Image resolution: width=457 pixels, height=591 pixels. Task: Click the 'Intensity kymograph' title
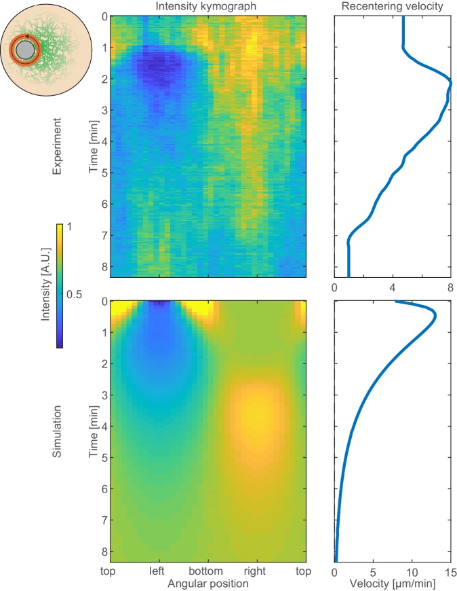click(x=208, y=7)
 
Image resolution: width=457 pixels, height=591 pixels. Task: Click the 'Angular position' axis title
click(x=208, y=582)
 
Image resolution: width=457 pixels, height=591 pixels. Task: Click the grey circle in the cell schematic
click(x=26, y=50)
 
